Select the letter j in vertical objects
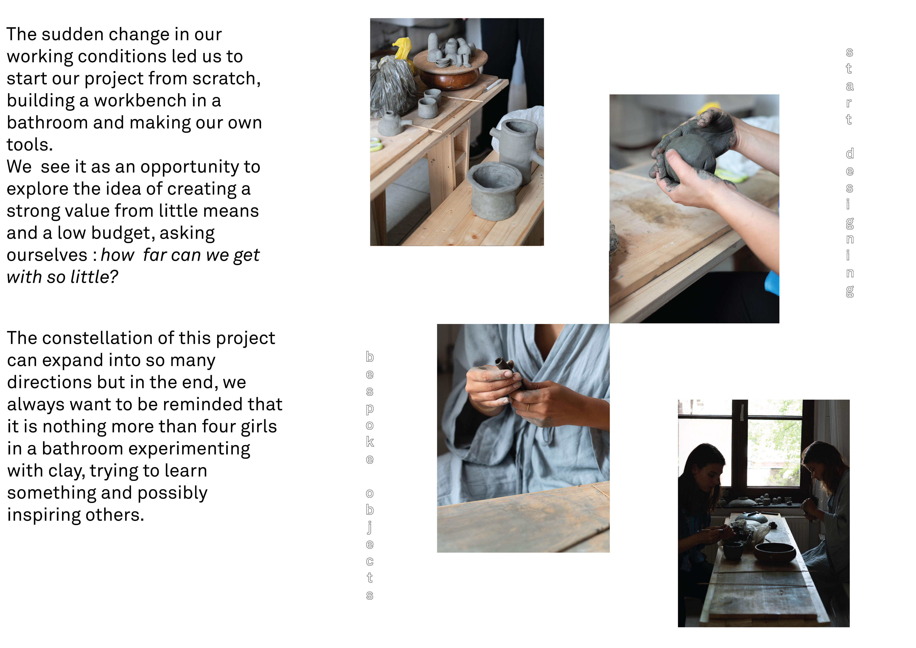pos(370,528)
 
